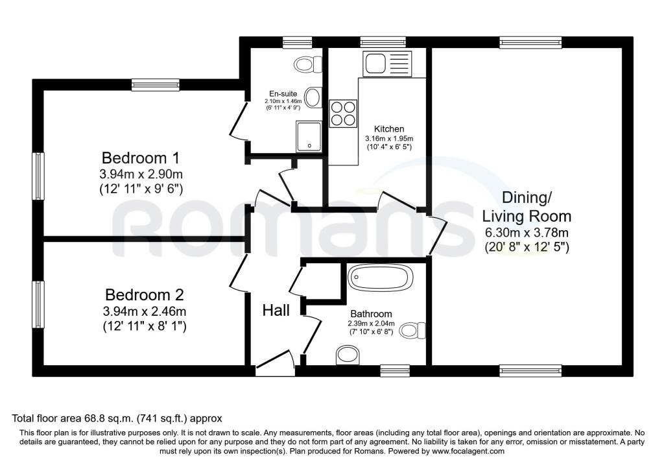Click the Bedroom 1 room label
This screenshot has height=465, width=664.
(141, 158)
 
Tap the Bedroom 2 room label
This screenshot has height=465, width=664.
(145, 294)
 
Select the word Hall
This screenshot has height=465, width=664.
(276, 311)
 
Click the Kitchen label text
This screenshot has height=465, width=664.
(389, 129)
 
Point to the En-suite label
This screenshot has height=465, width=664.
(283, 93)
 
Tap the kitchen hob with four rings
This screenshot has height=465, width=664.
(343, 113)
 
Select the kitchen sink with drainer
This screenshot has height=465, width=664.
(386, 64)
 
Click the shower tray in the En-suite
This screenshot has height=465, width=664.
(309, 136)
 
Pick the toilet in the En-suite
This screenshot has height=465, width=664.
(308, 65)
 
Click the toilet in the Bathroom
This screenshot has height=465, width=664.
(412, 330)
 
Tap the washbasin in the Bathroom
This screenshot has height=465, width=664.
(348, 355)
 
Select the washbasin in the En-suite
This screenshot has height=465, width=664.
(313, 97)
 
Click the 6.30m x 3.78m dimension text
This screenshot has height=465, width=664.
(527, 232)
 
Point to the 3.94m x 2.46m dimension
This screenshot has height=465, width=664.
(145, 312)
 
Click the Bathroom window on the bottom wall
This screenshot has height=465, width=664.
(395, 370)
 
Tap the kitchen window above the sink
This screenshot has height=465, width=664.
(383, 42)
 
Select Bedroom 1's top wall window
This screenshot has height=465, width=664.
(155, 85)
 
